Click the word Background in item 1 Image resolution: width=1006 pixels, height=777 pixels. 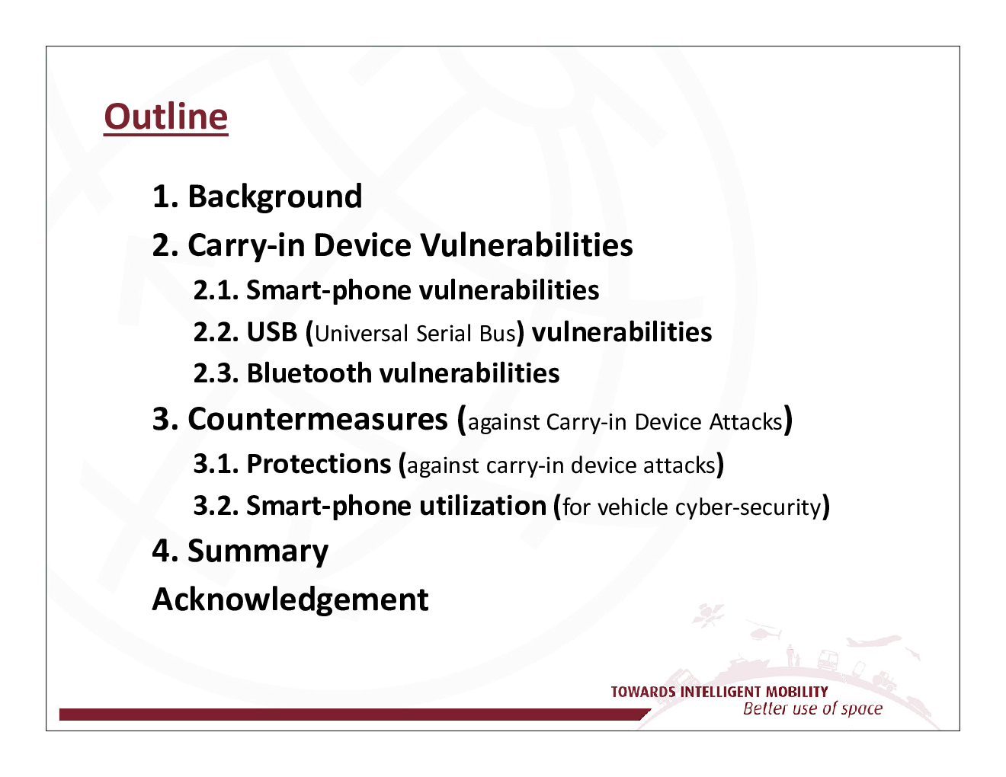(275, 197)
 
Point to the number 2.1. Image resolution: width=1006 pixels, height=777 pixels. (216, 291)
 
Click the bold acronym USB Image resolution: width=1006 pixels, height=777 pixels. (272, 332)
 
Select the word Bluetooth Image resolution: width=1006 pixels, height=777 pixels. (309, 373)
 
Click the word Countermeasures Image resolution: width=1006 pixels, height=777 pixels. (318, 419)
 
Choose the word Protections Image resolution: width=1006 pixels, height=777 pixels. (319, 464)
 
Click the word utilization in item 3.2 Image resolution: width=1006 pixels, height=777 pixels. (483, 505)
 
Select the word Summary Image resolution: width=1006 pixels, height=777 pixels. (258, 552)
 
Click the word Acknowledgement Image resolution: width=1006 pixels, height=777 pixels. (290, 600)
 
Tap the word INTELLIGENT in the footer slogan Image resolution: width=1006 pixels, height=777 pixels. (721, 692)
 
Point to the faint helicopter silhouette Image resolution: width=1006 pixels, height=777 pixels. (764, 632)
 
